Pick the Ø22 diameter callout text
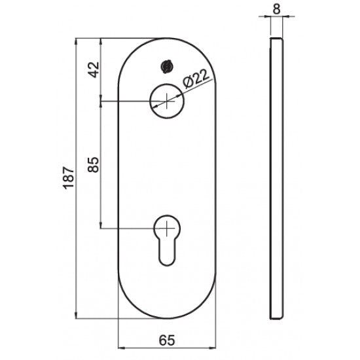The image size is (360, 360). pyautogui.click(x=196, y=81)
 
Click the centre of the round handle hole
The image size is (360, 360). pyautogui.click(x=168, y=101)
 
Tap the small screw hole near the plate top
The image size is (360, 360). pyautogui.click(x=166, y=66)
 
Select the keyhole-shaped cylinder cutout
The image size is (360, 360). pyautogui.click(x=168, y=240)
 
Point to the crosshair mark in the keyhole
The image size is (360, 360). pyautogui.click(x=168, y=228)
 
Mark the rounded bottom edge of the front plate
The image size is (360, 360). pyautogui.click(x=168, y=317)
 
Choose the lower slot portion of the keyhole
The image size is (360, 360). pyautogui.click(x=168, y=252)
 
